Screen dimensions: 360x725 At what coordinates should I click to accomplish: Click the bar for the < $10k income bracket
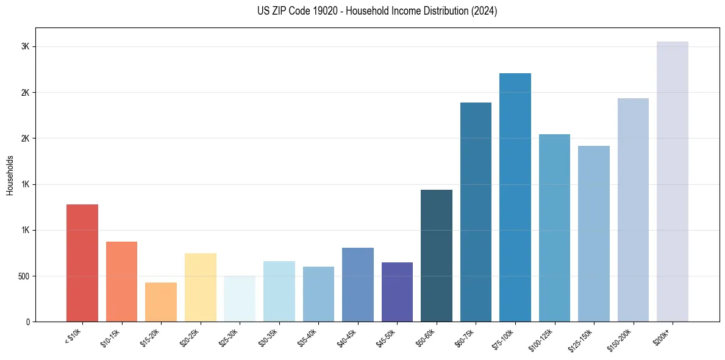[82, 263]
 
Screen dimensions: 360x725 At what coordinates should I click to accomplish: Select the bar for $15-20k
[161, 302]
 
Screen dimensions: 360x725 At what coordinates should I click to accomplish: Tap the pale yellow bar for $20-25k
[201, 287]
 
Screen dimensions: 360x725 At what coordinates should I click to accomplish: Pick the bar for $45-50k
[397, 292]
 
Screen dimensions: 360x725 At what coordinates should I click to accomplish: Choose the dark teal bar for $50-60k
[437, 256]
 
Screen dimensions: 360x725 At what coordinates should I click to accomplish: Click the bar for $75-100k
[515, 197]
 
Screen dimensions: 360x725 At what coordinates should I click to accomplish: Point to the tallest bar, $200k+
[673, 181]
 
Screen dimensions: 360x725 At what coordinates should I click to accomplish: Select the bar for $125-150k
[594, 234]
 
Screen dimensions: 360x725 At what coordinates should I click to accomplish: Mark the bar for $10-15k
[121, 281]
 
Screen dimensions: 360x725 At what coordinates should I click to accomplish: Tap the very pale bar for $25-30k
[240, 299]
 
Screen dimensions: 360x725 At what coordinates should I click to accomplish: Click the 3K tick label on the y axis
[26, 47]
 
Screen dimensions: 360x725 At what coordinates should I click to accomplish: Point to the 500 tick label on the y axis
[23, 276]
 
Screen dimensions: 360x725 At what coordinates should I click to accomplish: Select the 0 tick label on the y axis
[28, 322]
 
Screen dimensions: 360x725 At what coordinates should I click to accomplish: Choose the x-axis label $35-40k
[309, 337]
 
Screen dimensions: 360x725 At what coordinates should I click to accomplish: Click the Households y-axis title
[10, 175]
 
